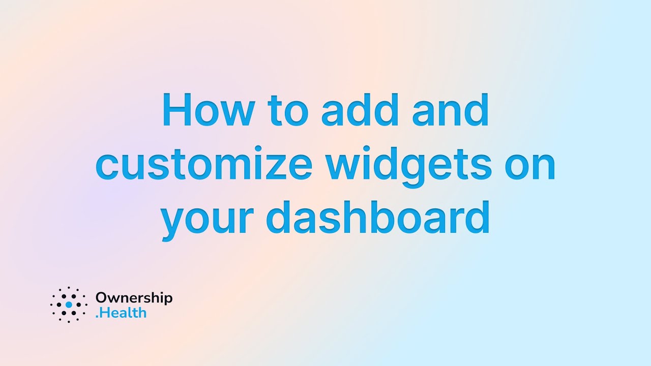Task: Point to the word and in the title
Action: (450, 110)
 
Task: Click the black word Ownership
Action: (134, 298)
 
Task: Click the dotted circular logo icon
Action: (69, 304)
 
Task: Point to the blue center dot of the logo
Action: (69, 304)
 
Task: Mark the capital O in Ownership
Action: (101, 298)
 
